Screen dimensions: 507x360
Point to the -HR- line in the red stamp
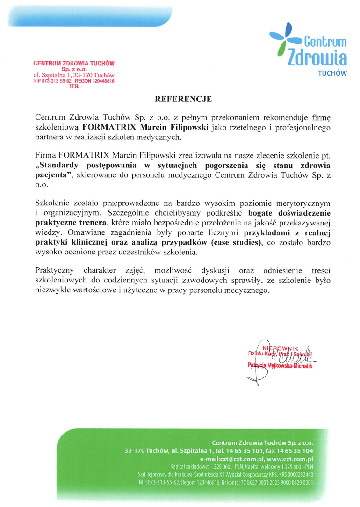(74, 86)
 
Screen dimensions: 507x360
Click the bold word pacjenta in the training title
(52, 175)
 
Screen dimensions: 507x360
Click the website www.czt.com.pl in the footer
(290, 459)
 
